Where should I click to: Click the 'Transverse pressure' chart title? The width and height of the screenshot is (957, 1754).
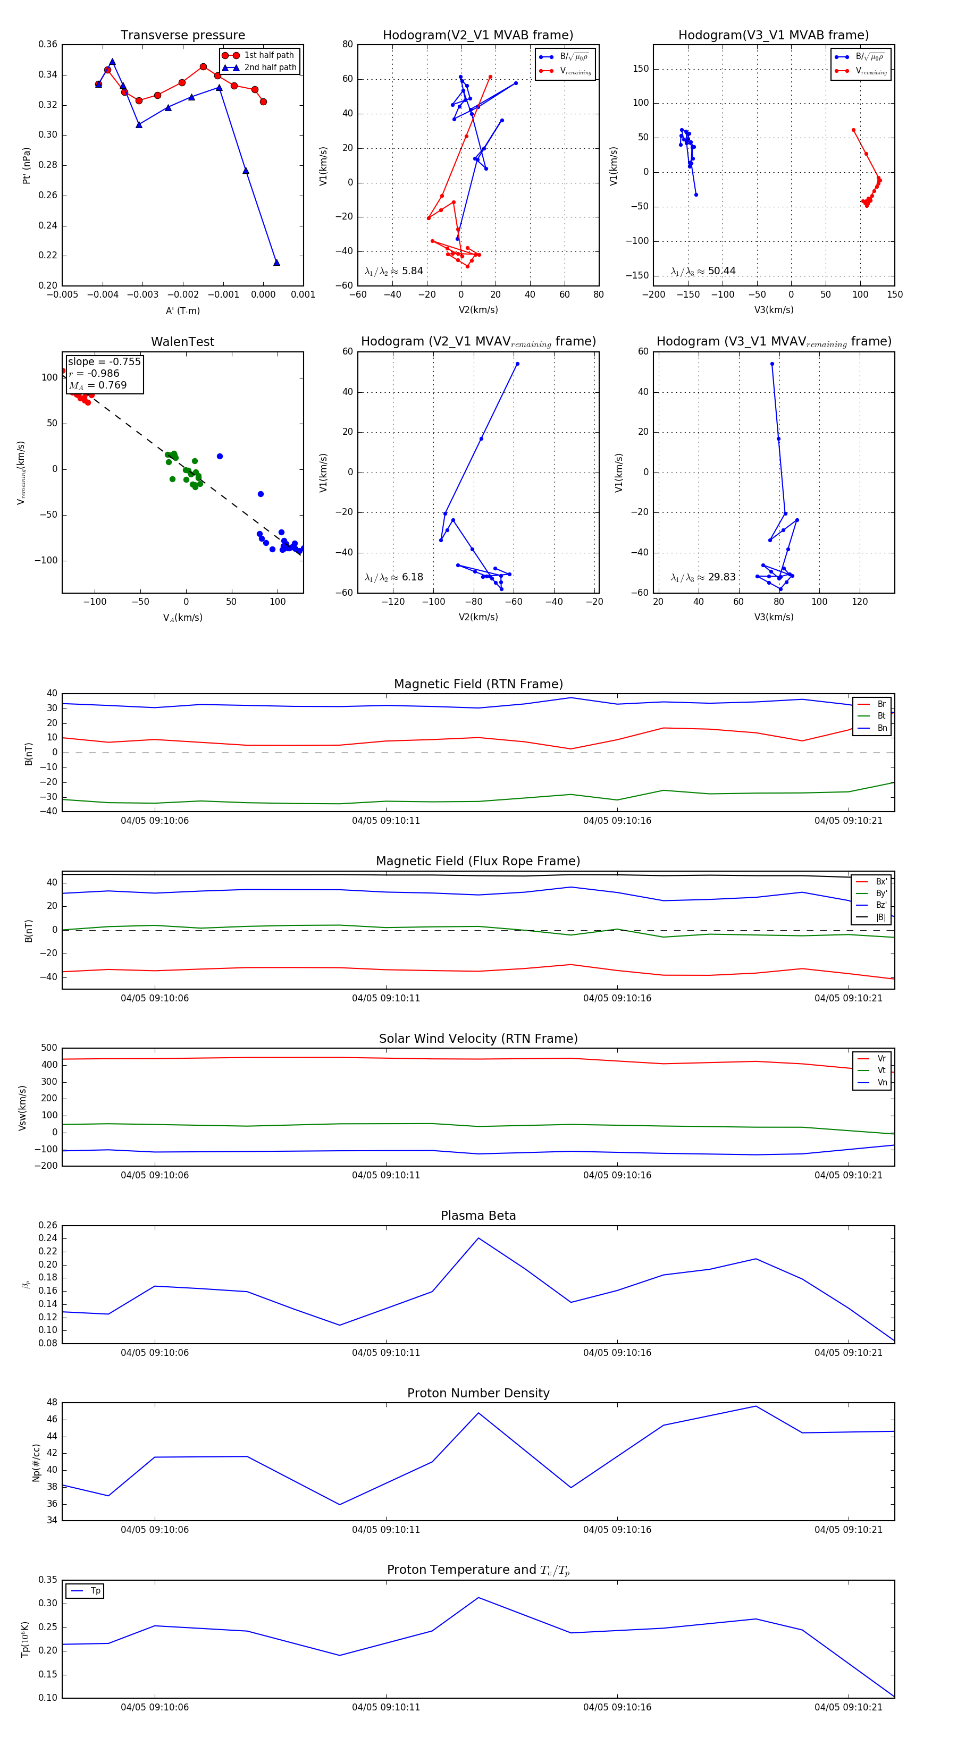182,36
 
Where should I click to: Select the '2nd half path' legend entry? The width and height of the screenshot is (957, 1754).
270,68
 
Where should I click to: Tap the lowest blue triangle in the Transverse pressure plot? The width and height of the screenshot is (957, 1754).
276,262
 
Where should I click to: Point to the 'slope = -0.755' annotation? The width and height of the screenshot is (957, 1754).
104,361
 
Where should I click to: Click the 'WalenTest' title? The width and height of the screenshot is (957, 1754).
182,342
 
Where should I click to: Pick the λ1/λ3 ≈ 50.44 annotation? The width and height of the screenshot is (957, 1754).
703,271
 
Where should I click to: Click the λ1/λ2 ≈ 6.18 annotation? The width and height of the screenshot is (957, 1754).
393,577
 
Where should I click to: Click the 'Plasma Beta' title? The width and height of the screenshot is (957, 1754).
478,1216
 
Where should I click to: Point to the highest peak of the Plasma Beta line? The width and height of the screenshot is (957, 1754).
478,1238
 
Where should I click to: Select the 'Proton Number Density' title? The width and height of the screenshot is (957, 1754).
478,1393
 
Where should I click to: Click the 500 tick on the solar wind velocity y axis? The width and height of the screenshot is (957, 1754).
49,1048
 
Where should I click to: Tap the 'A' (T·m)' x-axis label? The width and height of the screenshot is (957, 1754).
182,310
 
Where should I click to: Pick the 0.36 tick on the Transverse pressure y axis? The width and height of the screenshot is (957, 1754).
48,44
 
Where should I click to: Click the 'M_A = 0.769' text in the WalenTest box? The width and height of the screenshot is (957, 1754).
97,385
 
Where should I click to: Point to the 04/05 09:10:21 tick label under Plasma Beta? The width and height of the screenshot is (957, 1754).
848,1352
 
